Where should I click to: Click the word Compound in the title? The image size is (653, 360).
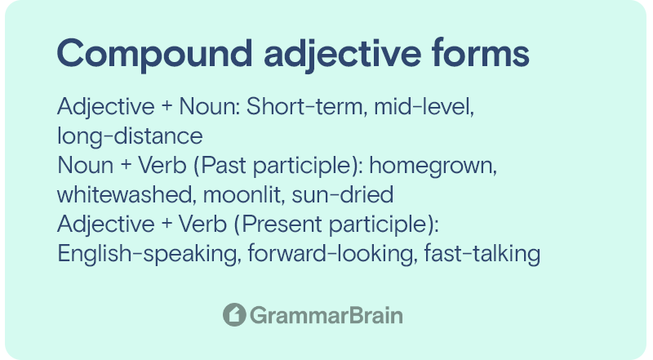(154, 54)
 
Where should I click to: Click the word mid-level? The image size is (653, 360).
(424, 107)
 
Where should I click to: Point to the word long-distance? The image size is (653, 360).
(130, 136)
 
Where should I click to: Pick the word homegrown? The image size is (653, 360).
(433, 166)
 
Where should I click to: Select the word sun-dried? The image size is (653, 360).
(342, 194)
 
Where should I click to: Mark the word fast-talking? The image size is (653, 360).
(482, 254)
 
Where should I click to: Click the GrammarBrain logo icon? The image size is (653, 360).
(234, 314)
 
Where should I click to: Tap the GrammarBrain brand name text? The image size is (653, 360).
(326, 315)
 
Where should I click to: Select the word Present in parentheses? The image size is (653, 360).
(279, 224)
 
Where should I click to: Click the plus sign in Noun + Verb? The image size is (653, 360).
(126, 166)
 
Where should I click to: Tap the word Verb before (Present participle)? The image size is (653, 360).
(202, 224)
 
